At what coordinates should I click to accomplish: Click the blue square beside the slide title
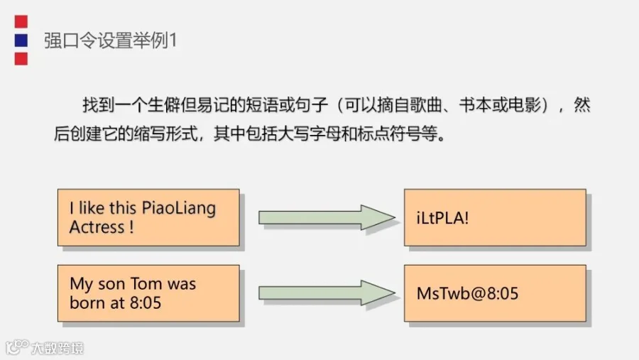(x=21, y=40)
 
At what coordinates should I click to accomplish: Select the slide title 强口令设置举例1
(x=111, y=40)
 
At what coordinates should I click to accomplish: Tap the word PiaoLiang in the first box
(x=179, y=208)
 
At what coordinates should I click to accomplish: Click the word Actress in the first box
(x=97, y=227)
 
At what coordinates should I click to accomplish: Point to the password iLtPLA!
(x=442, y=218)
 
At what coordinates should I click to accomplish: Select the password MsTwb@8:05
(x=467, y=293)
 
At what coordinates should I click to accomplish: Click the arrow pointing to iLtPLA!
(x=327, y=218)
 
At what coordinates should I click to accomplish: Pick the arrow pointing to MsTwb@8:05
(x=327, y=293)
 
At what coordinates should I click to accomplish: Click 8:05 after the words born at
(x=146, y=303)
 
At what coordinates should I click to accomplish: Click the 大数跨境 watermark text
(x=58, y=348)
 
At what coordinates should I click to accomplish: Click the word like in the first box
(x=92, y=208)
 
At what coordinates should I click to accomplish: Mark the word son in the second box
(x=111, y=284)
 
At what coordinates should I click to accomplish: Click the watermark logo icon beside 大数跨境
(x=17, y=347)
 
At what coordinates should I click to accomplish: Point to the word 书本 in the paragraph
(x=475, y=105)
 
